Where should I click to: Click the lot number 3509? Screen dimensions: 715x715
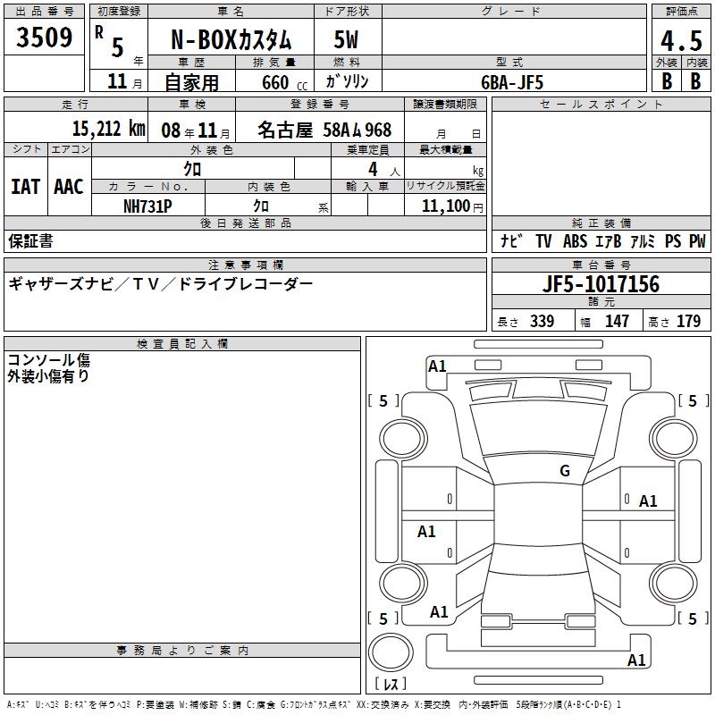[44, 38]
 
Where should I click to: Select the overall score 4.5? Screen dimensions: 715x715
[681, 41]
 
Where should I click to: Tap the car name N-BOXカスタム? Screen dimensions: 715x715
[231, 40]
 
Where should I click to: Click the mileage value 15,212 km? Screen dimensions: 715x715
[108, 129]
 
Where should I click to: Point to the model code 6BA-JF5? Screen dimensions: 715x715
[512, 82]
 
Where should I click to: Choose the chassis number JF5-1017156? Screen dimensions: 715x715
[601, 283]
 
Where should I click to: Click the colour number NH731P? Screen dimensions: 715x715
[147, 206]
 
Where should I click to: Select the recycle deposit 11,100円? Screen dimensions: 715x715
[452, 206]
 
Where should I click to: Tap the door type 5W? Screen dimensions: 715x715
[346, 39]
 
